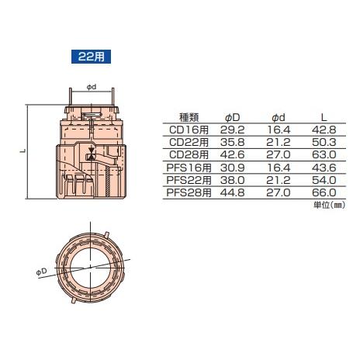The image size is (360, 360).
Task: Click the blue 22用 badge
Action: tap(91, 57)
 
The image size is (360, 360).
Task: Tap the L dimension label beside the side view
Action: tap(22, 152)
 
